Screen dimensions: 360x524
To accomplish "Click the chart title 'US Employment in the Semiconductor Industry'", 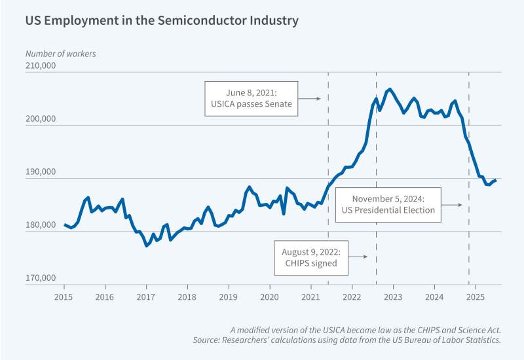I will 162,21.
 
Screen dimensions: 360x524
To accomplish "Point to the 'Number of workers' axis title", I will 61,54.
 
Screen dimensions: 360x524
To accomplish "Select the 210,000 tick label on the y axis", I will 41,66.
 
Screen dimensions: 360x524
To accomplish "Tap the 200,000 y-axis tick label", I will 41,120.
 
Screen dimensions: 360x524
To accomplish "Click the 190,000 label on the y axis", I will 41,173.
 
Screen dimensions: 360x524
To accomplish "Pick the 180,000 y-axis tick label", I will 41,226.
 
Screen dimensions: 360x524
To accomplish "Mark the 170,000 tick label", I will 41,279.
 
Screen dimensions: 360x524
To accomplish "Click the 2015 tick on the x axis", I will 64,297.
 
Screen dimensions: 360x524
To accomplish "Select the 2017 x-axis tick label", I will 146,297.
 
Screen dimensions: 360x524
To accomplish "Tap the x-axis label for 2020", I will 270,297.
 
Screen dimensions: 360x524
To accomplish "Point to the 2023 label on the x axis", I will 393,297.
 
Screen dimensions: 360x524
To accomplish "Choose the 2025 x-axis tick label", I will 476,297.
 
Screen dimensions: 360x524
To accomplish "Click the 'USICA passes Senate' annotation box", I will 252,99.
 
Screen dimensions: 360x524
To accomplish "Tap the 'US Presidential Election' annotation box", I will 388,204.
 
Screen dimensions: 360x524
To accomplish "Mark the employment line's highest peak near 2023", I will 390,88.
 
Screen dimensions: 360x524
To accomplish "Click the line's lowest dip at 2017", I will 147,245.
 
